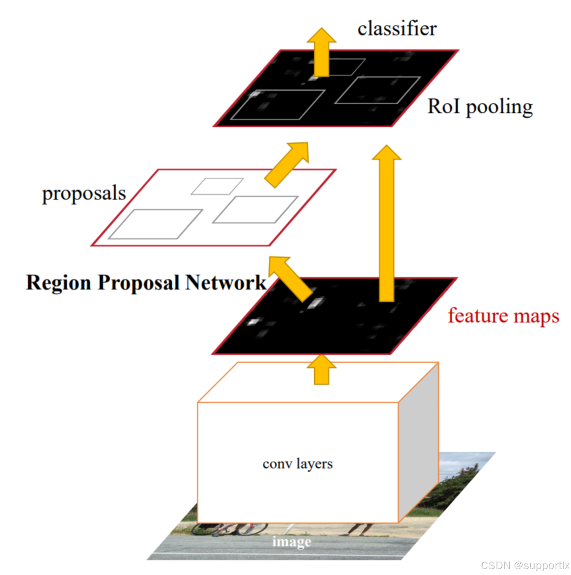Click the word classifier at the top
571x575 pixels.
[397, 29]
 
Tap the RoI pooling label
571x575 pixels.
[480, 107]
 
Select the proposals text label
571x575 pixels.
[84, 194]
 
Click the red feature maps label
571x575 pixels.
[503, 316]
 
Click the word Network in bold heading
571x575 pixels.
[226, 282]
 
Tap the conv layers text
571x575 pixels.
[297, 464]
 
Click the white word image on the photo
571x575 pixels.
[291, 542]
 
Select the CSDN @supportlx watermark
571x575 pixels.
[525, 565]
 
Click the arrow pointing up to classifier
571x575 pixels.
[322, 53]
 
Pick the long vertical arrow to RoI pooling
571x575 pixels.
[387, 224]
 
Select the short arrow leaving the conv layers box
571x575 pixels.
[322, 370]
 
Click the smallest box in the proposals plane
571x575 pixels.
[217, 186]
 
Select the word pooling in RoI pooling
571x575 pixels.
[499, 107]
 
